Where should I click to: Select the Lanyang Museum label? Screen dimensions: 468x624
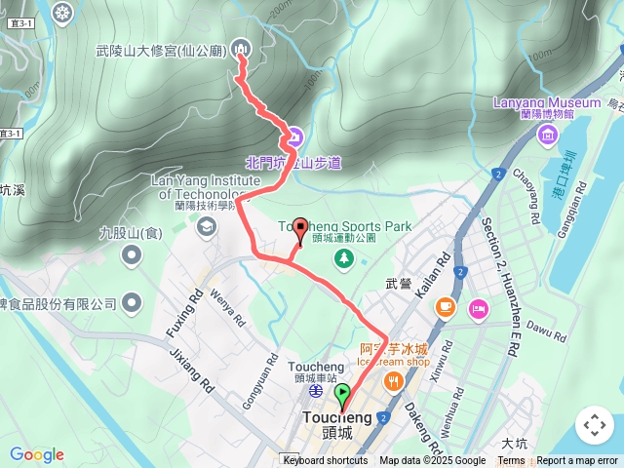tap(546, 101)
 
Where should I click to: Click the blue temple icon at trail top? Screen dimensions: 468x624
tap(241, 49)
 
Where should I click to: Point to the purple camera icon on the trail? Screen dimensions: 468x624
tap(294, 136)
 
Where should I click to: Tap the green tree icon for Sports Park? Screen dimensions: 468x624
tap(343, 258)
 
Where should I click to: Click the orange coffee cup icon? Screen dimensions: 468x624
tap(446, 307)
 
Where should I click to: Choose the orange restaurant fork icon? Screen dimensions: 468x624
tap(394, 381)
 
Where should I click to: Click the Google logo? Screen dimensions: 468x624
tap(36, 454)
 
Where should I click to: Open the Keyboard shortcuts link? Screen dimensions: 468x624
tap(326, 461)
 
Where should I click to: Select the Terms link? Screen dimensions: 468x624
tap(511, 461)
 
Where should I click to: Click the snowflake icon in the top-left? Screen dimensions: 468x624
tap(63, 13)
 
